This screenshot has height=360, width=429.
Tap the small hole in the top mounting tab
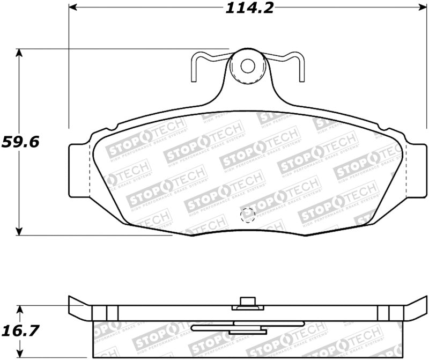click(247, 65)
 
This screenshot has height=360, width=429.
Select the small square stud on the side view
click(247, 302)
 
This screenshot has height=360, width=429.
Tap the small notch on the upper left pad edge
click(114, 128)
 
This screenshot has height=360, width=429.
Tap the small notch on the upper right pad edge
click(382, 128)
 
